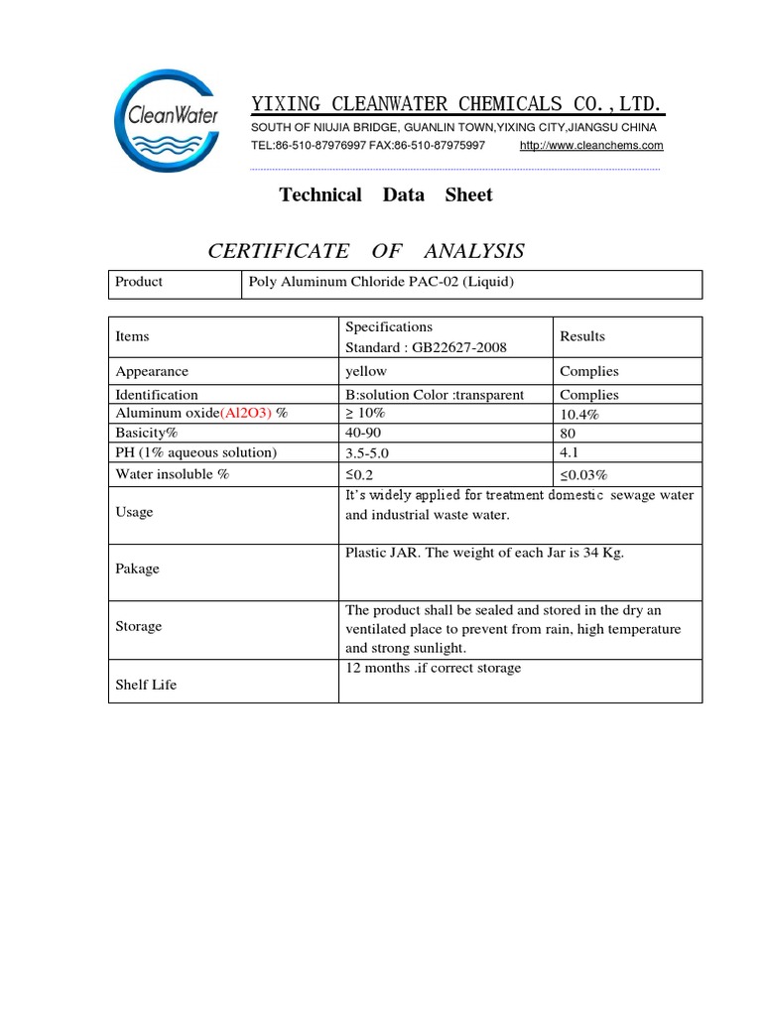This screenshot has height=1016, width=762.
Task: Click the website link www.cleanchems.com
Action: point(591,146)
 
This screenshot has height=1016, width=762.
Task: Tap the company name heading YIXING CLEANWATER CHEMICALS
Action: point(456,104)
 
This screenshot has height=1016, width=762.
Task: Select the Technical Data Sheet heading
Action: point(386,194)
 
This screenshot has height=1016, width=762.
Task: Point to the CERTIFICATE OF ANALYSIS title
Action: point(366,251)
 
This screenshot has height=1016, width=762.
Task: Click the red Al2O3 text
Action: point(246,413)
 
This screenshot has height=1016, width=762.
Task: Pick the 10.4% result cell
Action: point(579,415)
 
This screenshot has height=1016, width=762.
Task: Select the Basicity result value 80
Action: point(568,434)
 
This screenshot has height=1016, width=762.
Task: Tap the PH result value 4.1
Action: point(568,453)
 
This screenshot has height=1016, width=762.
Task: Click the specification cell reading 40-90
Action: point(361,434)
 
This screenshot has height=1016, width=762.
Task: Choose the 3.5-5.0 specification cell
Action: point(368,453)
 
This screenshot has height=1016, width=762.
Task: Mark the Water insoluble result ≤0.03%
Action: point(583,475)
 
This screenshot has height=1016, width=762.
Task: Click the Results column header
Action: point(582,336)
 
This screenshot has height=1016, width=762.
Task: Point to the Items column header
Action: point(132,336)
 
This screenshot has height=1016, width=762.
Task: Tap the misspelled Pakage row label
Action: point(137,569)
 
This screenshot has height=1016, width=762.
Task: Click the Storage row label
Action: point(138,626)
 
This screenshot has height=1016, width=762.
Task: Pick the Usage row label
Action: point(135,512)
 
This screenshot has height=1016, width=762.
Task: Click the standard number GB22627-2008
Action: point(459,347)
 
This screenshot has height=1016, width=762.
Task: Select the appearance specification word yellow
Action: point(365,371)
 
